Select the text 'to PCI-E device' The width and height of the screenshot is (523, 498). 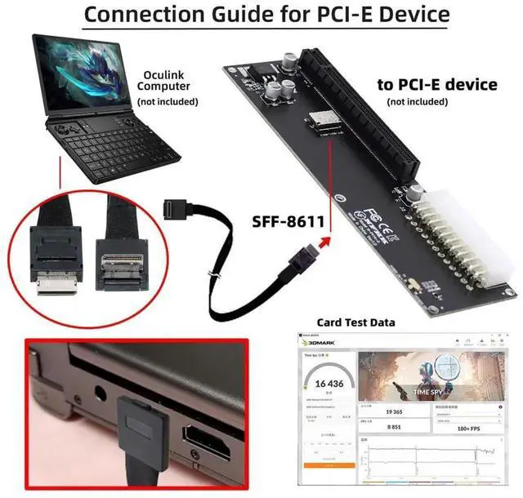(436, 84)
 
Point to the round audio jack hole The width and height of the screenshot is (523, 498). (101, 398)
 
